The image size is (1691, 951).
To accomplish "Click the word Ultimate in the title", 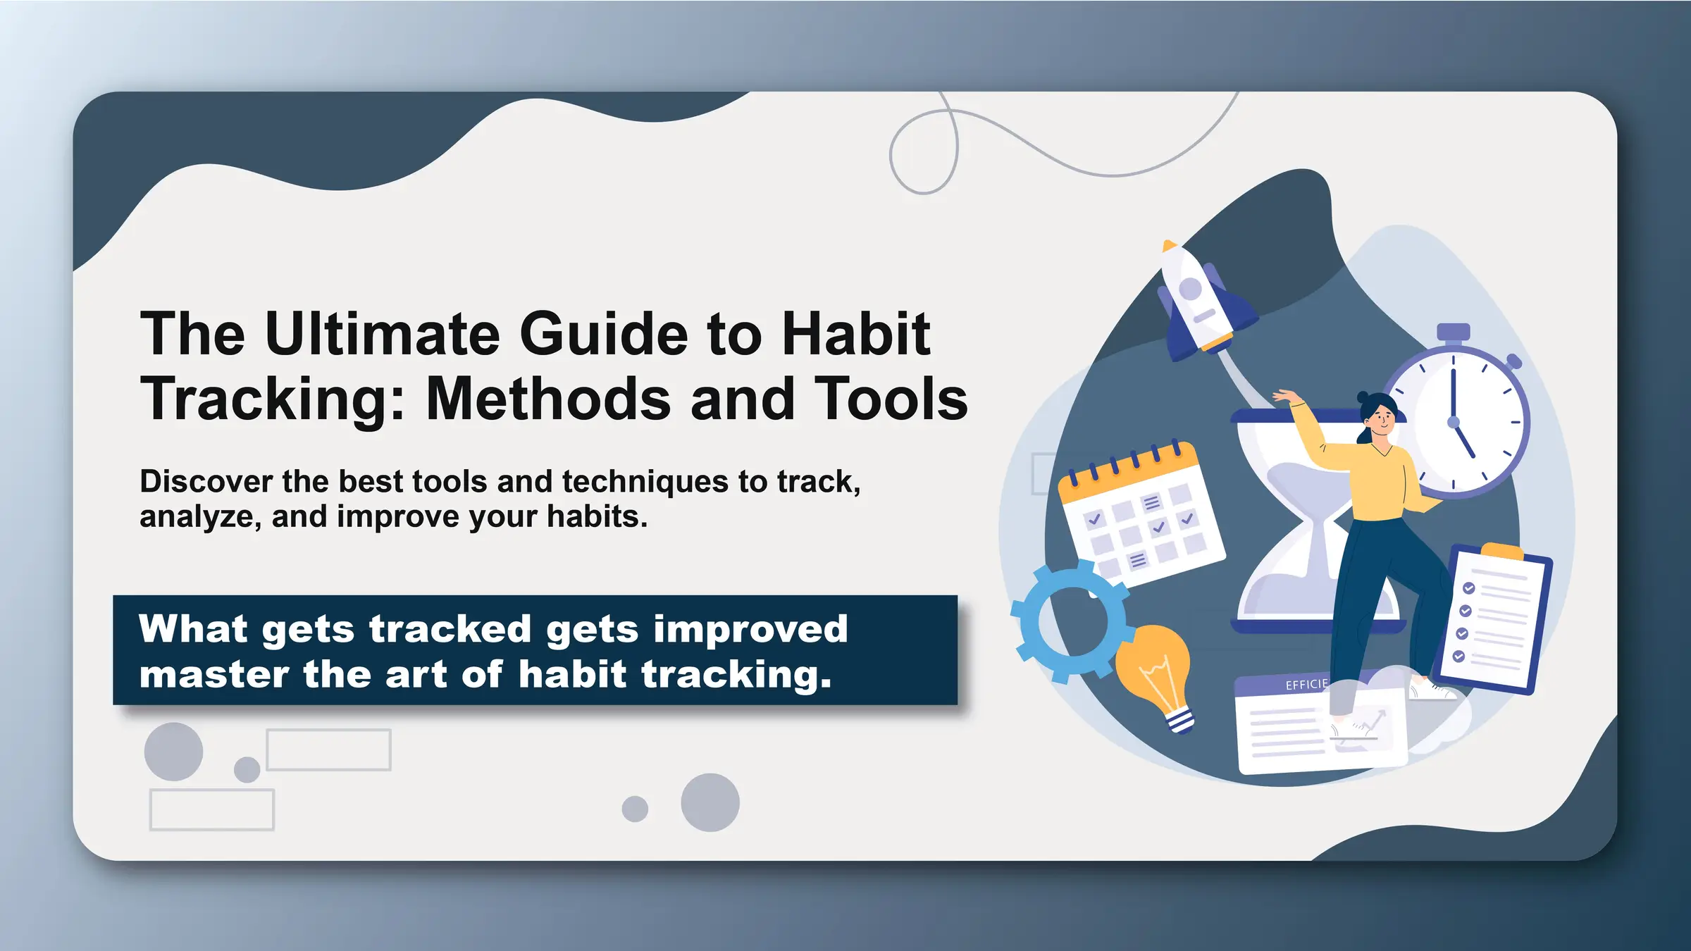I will click(382, 334).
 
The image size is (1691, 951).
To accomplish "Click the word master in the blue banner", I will click(213, 674).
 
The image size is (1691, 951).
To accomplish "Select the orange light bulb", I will click(1156, 669).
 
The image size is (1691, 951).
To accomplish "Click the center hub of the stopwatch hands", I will click(1453, 422).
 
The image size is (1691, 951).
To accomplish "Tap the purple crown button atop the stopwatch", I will click(1453, 332).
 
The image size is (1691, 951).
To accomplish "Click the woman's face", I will click(1381, 421).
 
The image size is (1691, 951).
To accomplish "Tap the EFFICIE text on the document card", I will click(1306, 685).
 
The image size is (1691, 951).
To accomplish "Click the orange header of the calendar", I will click(1127, 473).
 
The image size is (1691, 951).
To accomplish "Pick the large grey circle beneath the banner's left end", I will click(173, 752).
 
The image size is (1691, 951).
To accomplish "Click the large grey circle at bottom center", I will click(710, 802).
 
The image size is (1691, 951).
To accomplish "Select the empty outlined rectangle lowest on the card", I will click(211, 810).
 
